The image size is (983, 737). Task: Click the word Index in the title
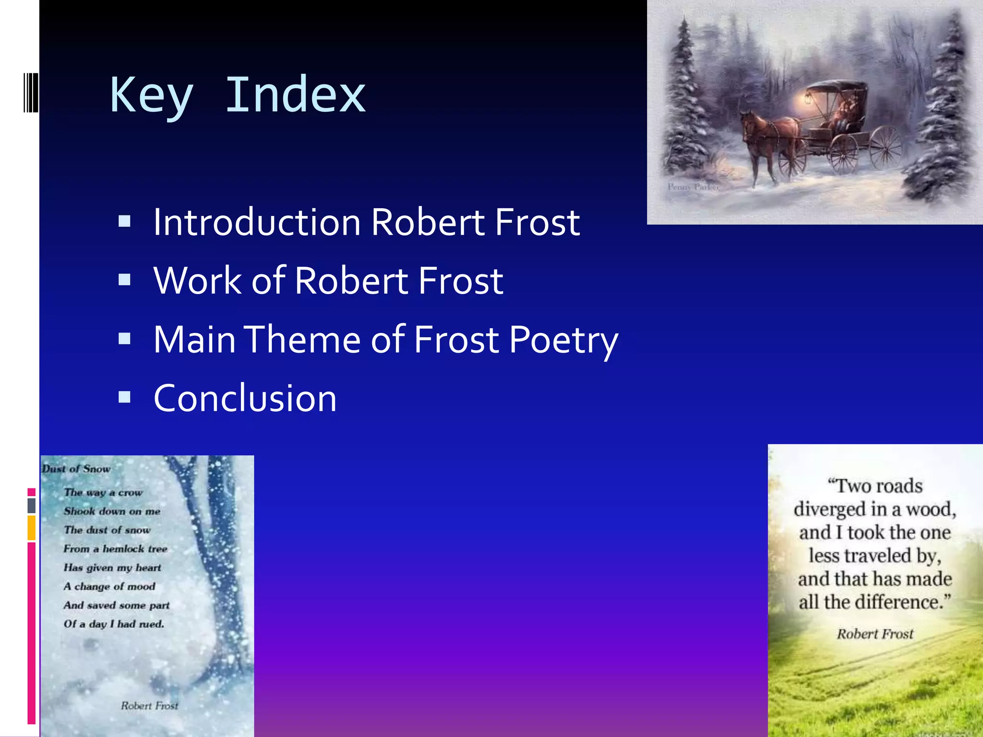[295, 95]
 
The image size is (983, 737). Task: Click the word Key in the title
[152, 95]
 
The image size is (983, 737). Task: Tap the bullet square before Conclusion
[125, 397]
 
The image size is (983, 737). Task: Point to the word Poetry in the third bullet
[563, 340]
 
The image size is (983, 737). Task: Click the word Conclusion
[245, 398]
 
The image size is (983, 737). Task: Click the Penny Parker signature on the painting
[693, 187]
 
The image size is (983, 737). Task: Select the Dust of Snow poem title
[76, 469]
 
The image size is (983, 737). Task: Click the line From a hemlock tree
[115, 548]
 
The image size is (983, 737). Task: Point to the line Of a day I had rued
[114, 624]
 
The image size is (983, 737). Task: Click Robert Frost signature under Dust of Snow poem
[149, 705]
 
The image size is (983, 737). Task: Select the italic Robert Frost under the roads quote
[875, 634]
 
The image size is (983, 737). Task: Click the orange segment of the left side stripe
[31, 527]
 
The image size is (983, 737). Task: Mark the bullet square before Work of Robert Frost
[125, 280]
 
